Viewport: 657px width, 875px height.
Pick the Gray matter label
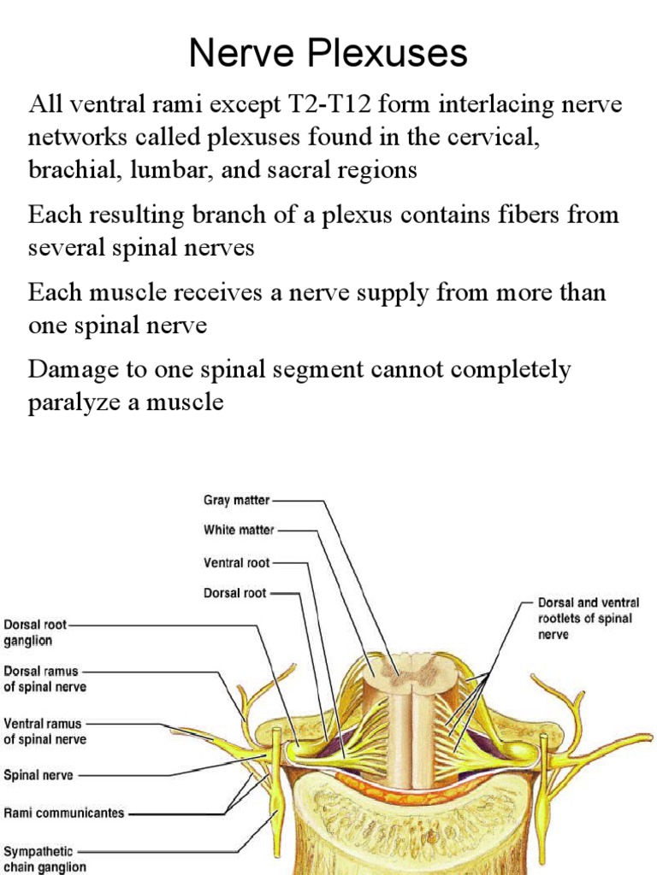tap(236, 501)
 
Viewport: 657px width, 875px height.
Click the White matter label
tap(239, 530)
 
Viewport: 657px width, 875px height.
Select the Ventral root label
tap(237, 563)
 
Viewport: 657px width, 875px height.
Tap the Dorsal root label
tap(235, 592)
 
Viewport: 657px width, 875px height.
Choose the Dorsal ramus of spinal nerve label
tap(45, 678)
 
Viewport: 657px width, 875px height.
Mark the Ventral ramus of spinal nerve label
tap(45, 731)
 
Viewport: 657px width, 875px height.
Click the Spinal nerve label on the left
tap(38, 776)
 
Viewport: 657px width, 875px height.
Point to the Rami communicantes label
tap(64, 813)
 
